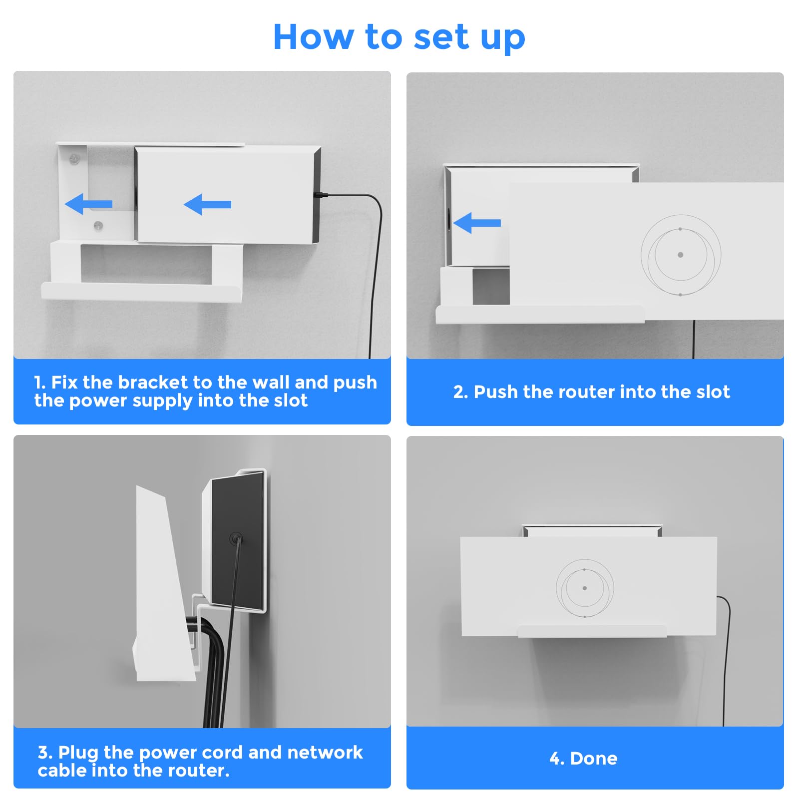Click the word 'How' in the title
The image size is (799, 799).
pyautogui.click(x=313, y=37)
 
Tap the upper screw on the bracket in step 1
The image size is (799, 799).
pyautogui.click(x=74, y=159)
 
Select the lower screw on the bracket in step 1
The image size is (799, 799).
pyautogui.click(x=98, y=226)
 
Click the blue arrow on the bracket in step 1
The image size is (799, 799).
pyautogui.click(x=88, y=204)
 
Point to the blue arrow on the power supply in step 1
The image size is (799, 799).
pyautogui.click(x=207, y=204)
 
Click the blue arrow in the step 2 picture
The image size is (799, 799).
pyautogui.click(x=477, y=223)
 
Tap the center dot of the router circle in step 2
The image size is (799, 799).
pyautogui.click(x=680, y=255)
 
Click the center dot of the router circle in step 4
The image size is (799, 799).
pyautogui.click(x=585, y=588)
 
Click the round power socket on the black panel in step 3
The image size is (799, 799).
pyautogui.click(x=236, y=539)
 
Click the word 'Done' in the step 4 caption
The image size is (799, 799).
pyautogui.click(x=593, y=759)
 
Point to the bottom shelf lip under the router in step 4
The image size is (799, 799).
pyautogui.click(x=592, y=631)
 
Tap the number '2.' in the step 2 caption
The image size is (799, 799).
pyautogui.click(x=460, y=392)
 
